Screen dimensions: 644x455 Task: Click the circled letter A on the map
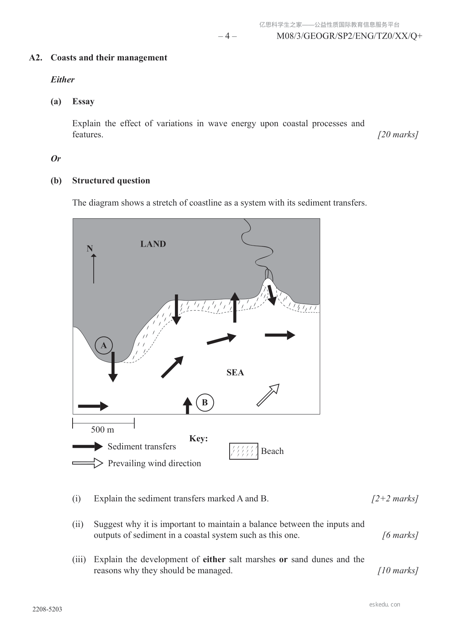tap(104, 346)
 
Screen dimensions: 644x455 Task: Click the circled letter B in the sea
tap(205, 402)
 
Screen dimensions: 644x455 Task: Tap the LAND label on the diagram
tap(153, 244)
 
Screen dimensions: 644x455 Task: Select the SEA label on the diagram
tap(235, 372)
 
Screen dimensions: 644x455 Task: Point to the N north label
tap(90, 249)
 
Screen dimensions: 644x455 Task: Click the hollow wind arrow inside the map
tap(268, 395)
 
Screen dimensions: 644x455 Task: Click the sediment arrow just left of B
tap(187, 405)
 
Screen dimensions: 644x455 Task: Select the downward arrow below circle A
tap(113, 367)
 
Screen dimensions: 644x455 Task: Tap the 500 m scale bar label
tap(102, 429)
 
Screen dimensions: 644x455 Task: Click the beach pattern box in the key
tap(244, 451)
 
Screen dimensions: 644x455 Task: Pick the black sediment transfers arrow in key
tap(87, 446)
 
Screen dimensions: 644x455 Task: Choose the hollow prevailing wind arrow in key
tap(87, 463)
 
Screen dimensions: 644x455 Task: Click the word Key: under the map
tap(198, 438)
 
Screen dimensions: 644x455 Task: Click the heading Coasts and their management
tap(109, 58)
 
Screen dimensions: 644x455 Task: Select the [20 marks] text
tap(398, 135)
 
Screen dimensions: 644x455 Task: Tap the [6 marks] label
tap(400, 535)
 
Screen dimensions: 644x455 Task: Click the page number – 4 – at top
tap(227, 36)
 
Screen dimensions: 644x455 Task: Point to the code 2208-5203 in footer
tap(47, 609)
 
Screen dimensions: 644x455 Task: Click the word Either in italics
tap(62, 80)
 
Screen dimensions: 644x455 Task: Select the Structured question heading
tap(111, 181)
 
